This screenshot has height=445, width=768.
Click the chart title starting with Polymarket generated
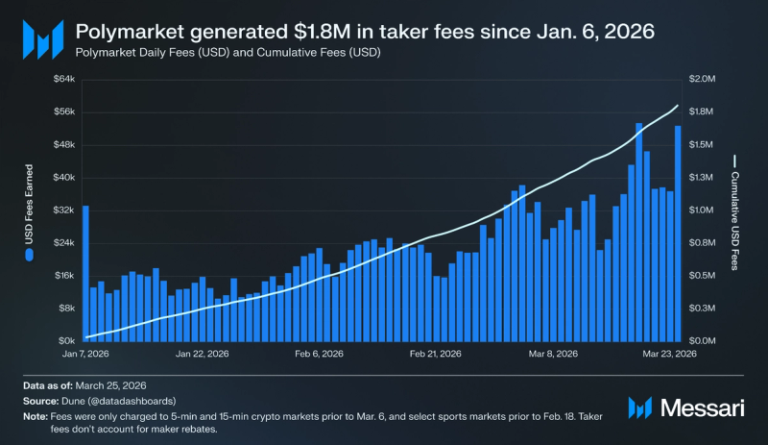coord(365,31)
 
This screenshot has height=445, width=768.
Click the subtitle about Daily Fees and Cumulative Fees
coord(228,53)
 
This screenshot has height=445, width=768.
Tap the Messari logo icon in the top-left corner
coord(41,39)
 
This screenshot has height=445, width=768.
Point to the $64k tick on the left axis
coord(61,79)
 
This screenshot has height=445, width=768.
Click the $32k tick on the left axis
coord(61,210)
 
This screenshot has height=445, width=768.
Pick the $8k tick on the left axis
coord(63,308)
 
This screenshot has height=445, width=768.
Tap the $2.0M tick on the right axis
coord(703,79)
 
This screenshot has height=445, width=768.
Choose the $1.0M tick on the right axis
coord(703,210)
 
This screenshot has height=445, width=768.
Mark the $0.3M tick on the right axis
coord(703,308)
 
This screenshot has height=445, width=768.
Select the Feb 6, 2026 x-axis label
coord(318,355)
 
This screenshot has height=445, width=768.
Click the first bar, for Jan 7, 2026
coord(85,274)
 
